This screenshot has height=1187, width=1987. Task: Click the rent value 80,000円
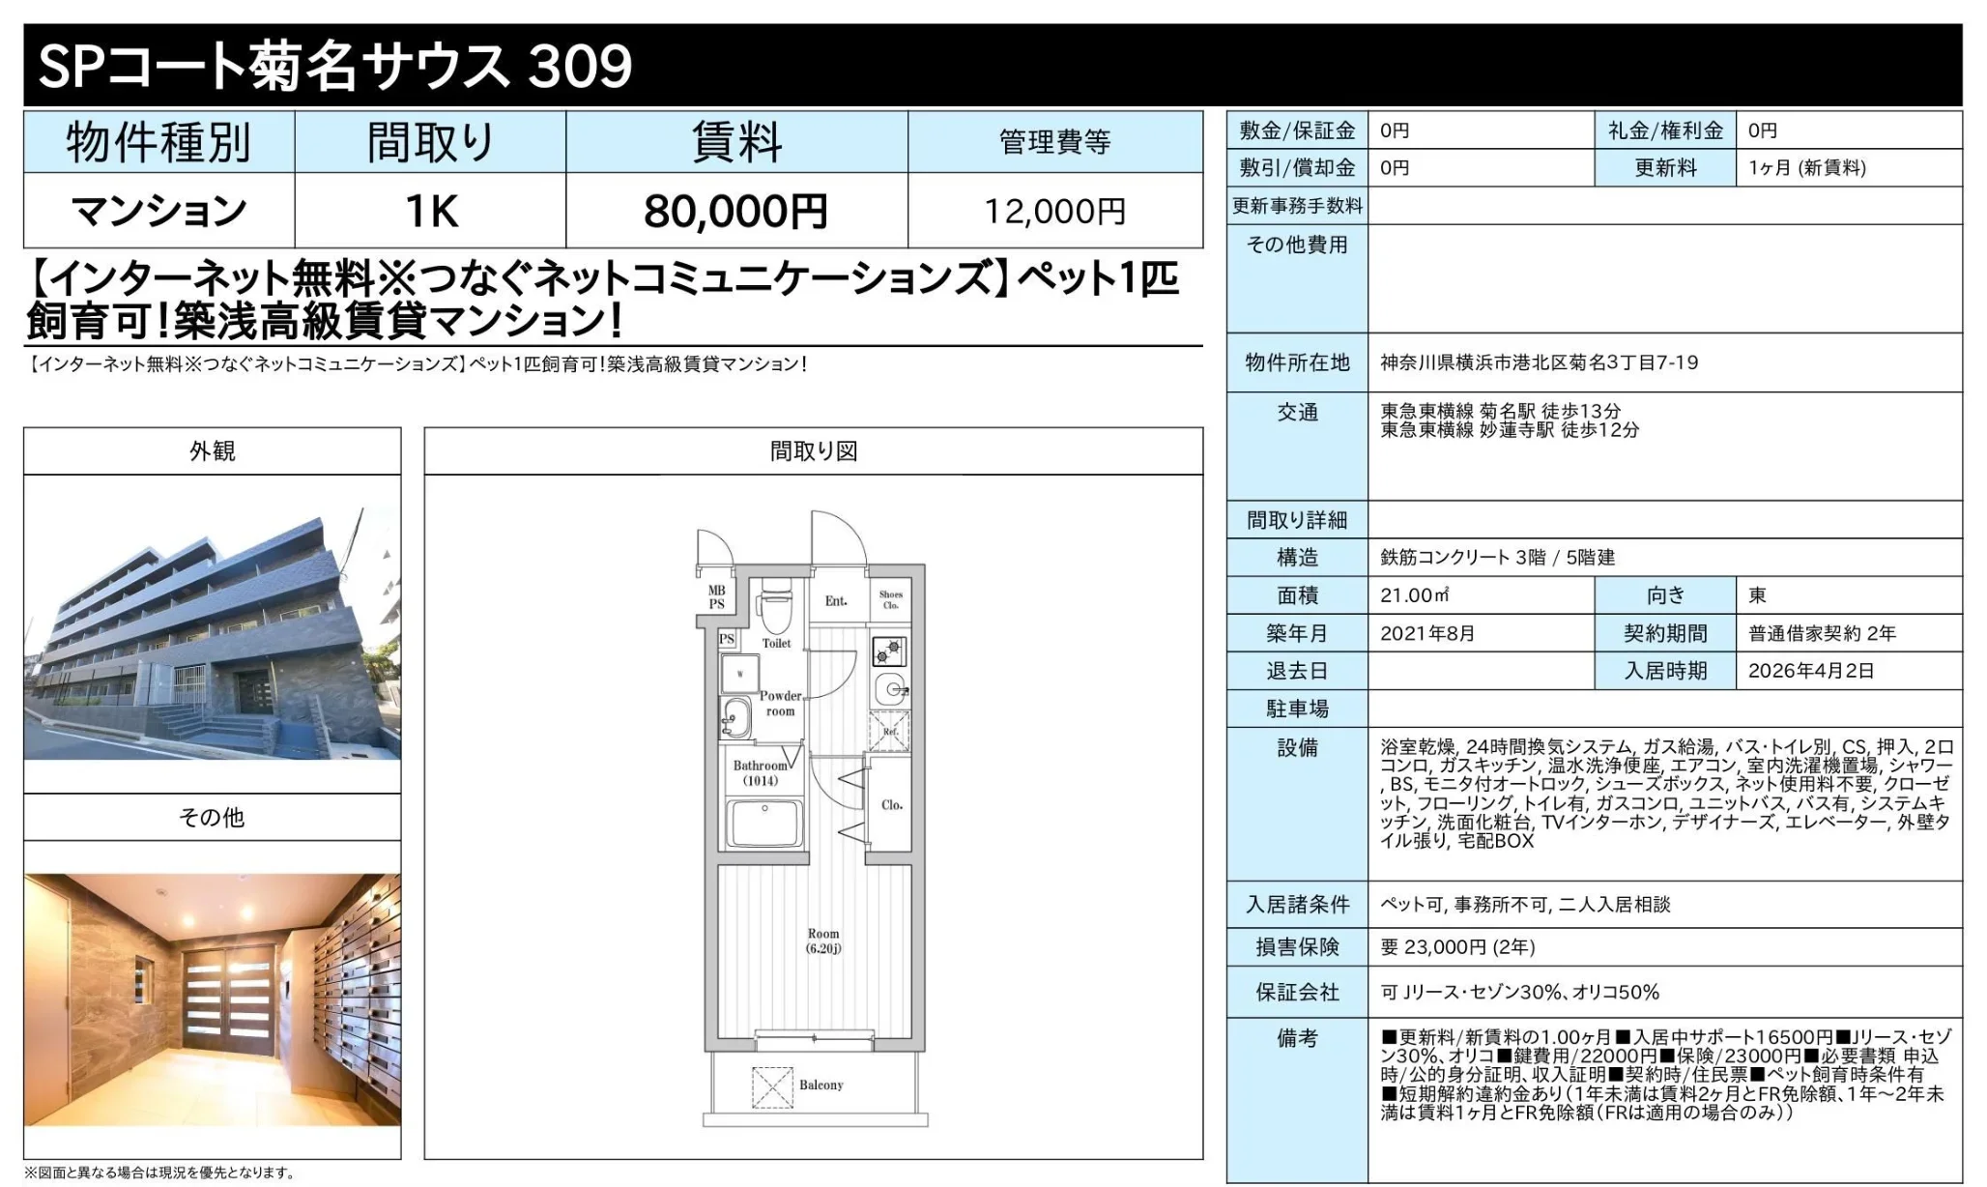(735, 211)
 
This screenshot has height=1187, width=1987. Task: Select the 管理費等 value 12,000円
(1054, 211)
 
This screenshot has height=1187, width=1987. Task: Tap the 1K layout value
(430, 211)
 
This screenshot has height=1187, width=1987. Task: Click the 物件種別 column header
(158, 142)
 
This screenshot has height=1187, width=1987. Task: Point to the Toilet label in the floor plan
(776, 643)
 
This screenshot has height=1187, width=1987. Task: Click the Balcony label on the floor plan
(821, 1085)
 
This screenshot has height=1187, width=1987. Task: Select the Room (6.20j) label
(823, 941)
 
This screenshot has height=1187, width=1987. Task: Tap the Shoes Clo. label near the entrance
(890, 600)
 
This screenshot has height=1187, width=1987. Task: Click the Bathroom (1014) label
(760, 772)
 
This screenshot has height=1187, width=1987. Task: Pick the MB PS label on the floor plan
(716, 597)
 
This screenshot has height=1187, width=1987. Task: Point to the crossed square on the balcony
(771, 1086)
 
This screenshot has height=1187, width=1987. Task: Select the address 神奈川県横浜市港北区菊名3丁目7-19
(1539, 362)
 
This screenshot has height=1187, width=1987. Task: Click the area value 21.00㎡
(1414, 595)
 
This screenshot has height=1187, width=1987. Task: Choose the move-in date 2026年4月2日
(1810, 671)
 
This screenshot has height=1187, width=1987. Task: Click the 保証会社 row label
(1297, 992)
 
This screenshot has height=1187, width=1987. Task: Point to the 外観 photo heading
(212, 450)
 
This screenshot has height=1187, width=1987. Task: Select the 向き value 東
(1757, 595)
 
